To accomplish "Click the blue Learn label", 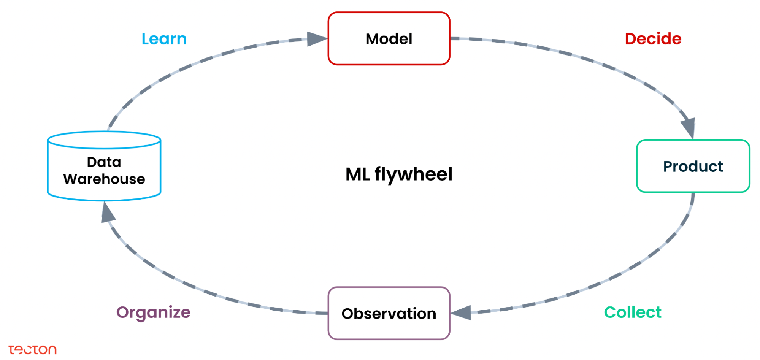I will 164,39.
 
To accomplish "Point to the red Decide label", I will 653,39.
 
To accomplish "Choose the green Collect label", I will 632,312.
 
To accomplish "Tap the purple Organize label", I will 153,312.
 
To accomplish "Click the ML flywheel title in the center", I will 398,174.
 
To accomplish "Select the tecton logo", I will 33,349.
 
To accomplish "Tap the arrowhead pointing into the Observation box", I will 462,313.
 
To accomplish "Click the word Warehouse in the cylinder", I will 104,179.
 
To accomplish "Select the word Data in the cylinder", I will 104,162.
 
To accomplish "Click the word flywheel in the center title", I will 413,174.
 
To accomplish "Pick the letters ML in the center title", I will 357,174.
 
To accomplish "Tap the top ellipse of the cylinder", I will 104,140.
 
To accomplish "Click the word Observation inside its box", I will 389,314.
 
